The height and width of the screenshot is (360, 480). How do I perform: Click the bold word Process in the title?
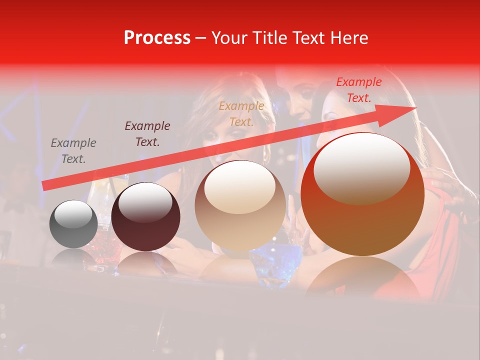tap(157, 38)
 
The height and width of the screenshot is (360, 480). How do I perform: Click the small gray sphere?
tap(73, 224)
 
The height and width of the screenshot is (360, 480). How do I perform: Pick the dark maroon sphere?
tap(145, 217)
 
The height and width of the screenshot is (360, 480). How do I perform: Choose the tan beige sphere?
tap(240, 206)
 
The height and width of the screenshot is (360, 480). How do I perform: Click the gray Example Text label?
tap(73, 151)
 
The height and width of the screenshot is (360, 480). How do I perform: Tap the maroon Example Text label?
tap(147, 134)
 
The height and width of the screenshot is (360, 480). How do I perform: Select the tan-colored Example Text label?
tap(241, 114)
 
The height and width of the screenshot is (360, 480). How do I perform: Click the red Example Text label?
tap(358, 90)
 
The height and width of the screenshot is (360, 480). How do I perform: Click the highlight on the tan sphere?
tap(240, 186)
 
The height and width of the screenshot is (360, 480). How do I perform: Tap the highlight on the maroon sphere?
tap(145, 203)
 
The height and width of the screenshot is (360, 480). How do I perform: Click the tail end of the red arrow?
tap(45, 185)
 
